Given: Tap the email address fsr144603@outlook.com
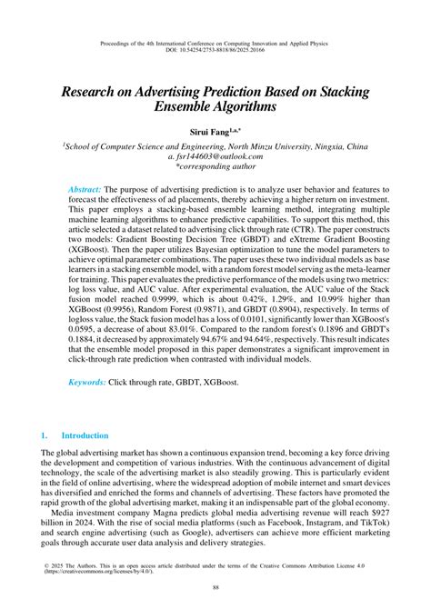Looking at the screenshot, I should [221, 156].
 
